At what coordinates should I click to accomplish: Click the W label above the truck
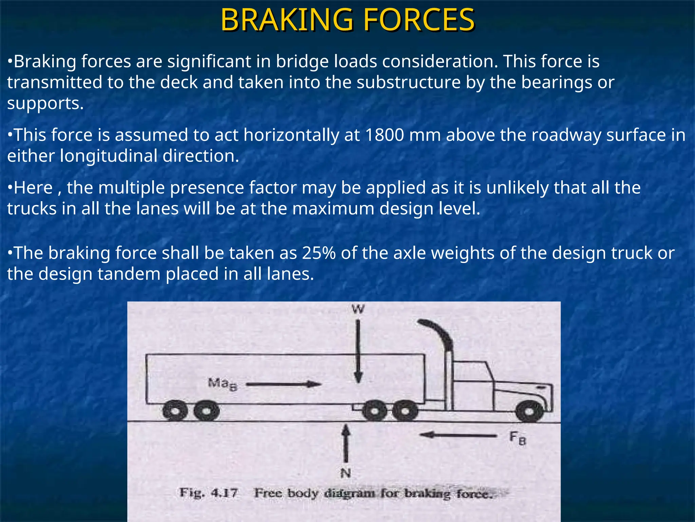[x=358, y=309]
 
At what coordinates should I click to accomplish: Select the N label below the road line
[x=345, y=473]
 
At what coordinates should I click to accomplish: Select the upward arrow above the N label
[x=346, y=443]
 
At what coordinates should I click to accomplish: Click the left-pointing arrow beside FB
[x=458, y=435]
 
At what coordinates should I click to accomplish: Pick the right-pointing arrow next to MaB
[x=284, y=385]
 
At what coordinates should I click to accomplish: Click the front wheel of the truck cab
[x=529, y=412]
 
